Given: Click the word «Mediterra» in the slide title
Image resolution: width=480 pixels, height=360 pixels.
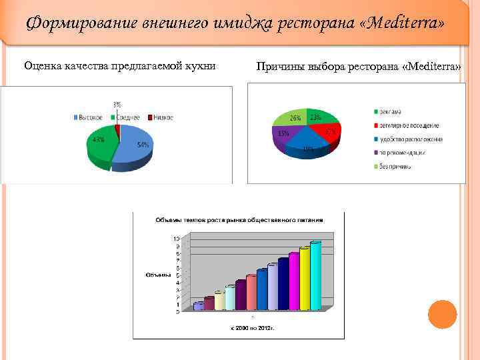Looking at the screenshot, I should (x=407, y=25).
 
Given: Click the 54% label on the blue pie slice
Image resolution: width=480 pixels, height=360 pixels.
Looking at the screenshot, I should (x=142, y=145).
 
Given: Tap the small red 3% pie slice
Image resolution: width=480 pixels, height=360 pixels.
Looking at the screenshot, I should (x=117, y=131).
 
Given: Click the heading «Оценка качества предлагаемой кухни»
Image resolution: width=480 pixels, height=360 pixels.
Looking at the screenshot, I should (x=120, y=66).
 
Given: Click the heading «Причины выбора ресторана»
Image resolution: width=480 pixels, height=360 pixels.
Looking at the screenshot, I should (x=359, y=68).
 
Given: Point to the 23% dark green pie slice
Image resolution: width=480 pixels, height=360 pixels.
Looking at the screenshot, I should (x=319, y=117).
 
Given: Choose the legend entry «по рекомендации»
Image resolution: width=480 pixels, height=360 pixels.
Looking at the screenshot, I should (x=409, y=153).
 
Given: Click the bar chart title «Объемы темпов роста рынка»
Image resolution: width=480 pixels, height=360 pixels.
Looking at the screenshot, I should (x=239, y=219).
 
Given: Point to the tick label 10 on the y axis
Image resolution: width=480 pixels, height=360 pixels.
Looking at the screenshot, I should (x=176, y=239).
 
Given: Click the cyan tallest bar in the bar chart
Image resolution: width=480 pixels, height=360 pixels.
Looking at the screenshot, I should (x=315, y=275).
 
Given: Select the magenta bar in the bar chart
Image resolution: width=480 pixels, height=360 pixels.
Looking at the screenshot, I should (x=293, y=281).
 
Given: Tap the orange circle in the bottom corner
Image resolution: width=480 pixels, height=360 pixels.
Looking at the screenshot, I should (x=441, y=314).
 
